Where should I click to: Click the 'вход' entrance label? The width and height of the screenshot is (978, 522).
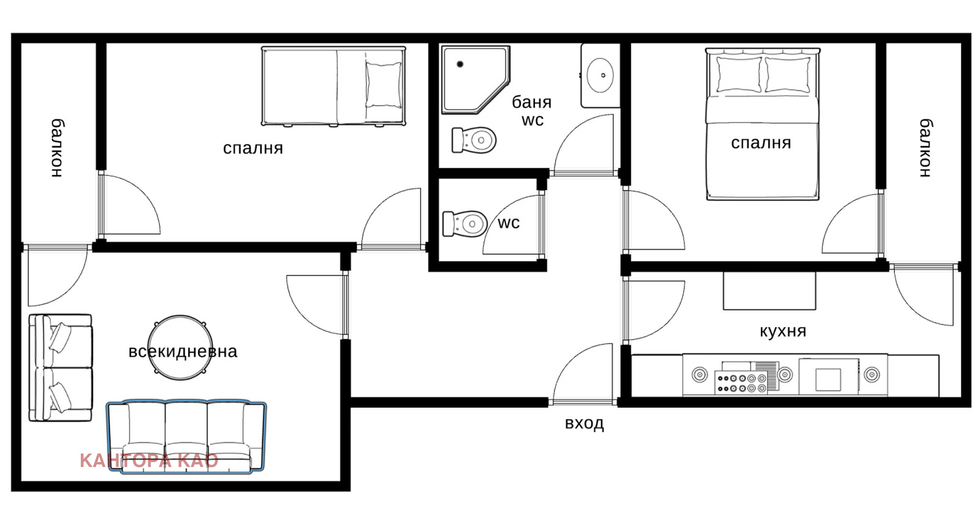(584, 423)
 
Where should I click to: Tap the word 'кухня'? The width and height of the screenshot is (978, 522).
(783, 331)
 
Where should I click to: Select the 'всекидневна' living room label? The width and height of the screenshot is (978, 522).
(183, 351)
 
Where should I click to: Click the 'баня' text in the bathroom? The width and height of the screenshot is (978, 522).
(531, 103)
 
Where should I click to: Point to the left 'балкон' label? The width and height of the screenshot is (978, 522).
(57, 148)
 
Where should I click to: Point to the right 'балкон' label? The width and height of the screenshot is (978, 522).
(925, 148)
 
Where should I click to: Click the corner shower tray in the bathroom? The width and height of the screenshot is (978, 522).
(476, 80)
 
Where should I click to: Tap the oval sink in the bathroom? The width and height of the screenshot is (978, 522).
(600, 75)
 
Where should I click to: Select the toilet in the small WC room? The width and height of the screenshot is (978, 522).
(465, 224)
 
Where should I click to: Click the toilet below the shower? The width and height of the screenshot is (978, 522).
(474, 140)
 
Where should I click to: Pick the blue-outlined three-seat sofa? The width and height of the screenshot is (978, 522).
(186, 436)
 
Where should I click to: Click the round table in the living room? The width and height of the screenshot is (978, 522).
(180, 347)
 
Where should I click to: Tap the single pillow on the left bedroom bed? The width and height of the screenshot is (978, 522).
(383, 85)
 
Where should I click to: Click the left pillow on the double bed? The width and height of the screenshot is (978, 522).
(739, 75)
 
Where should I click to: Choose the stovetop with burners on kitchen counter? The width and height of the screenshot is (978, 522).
(741, 383)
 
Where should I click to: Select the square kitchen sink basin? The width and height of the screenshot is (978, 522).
(828, 380)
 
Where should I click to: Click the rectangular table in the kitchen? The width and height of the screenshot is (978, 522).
(770, 291)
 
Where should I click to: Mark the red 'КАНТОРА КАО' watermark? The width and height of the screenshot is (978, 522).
(149, 461)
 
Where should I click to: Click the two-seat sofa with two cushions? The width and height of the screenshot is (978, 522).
(61, 368)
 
